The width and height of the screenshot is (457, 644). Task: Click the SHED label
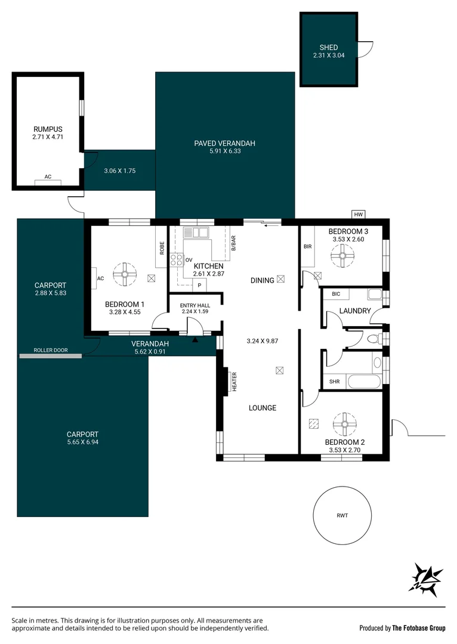click(329, 48)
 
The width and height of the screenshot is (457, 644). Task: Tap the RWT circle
click(342, 516)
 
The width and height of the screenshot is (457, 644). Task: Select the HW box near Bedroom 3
click(358, 215)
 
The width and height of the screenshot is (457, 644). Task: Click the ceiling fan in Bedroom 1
click(125, 275)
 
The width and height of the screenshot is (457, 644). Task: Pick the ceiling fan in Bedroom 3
click(342, 256)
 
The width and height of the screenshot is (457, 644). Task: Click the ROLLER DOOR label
click(50, 351)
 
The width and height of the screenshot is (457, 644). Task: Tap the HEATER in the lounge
click(234, 382)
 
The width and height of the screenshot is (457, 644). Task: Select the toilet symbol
click(373, 339)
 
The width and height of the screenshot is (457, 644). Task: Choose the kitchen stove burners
click(177, 259)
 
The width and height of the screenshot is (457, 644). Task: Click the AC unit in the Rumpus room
click(48, 181)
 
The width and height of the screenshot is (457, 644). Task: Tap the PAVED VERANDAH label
click(225, 143)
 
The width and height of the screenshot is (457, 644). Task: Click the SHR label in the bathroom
click(334, 382)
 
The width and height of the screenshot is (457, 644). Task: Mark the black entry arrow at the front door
click(196, 340)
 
